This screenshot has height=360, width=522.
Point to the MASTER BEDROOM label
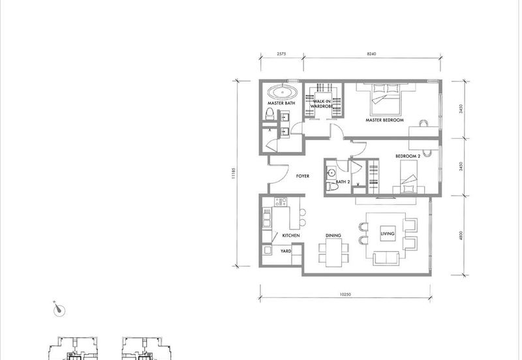point(384,120)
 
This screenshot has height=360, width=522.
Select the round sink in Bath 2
point(331,173)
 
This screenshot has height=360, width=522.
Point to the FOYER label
point(302,176)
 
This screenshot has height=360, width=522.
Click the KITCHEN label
point(273,235)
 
